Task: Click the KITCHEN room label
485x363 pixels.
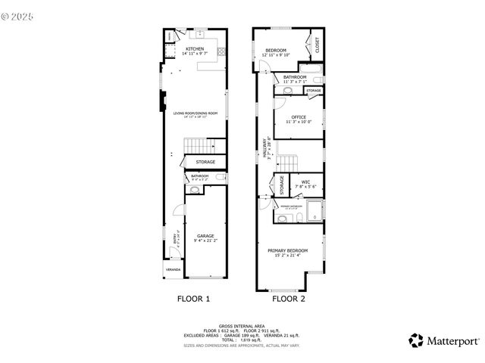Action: [x=195, y=49]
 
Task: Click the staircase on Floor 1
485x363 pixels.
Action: [x=196, y=146]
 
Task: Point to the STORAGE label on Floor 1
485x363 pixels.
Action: [x=205, y=162]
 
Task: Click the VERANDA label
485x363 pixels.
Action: [x=174, y=270]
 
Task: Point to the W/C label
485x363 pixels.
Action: [x=305, y=181]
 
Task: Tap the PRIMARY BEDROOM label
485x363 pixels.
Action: [x=287, y=250]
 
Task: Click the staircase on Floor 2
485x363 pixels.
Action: [x=289, y=162]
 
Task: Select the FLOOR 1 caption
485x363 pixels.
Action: [x=193, y=299]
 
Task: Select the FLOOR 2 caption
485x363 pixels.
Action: [x=289, y=299]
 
